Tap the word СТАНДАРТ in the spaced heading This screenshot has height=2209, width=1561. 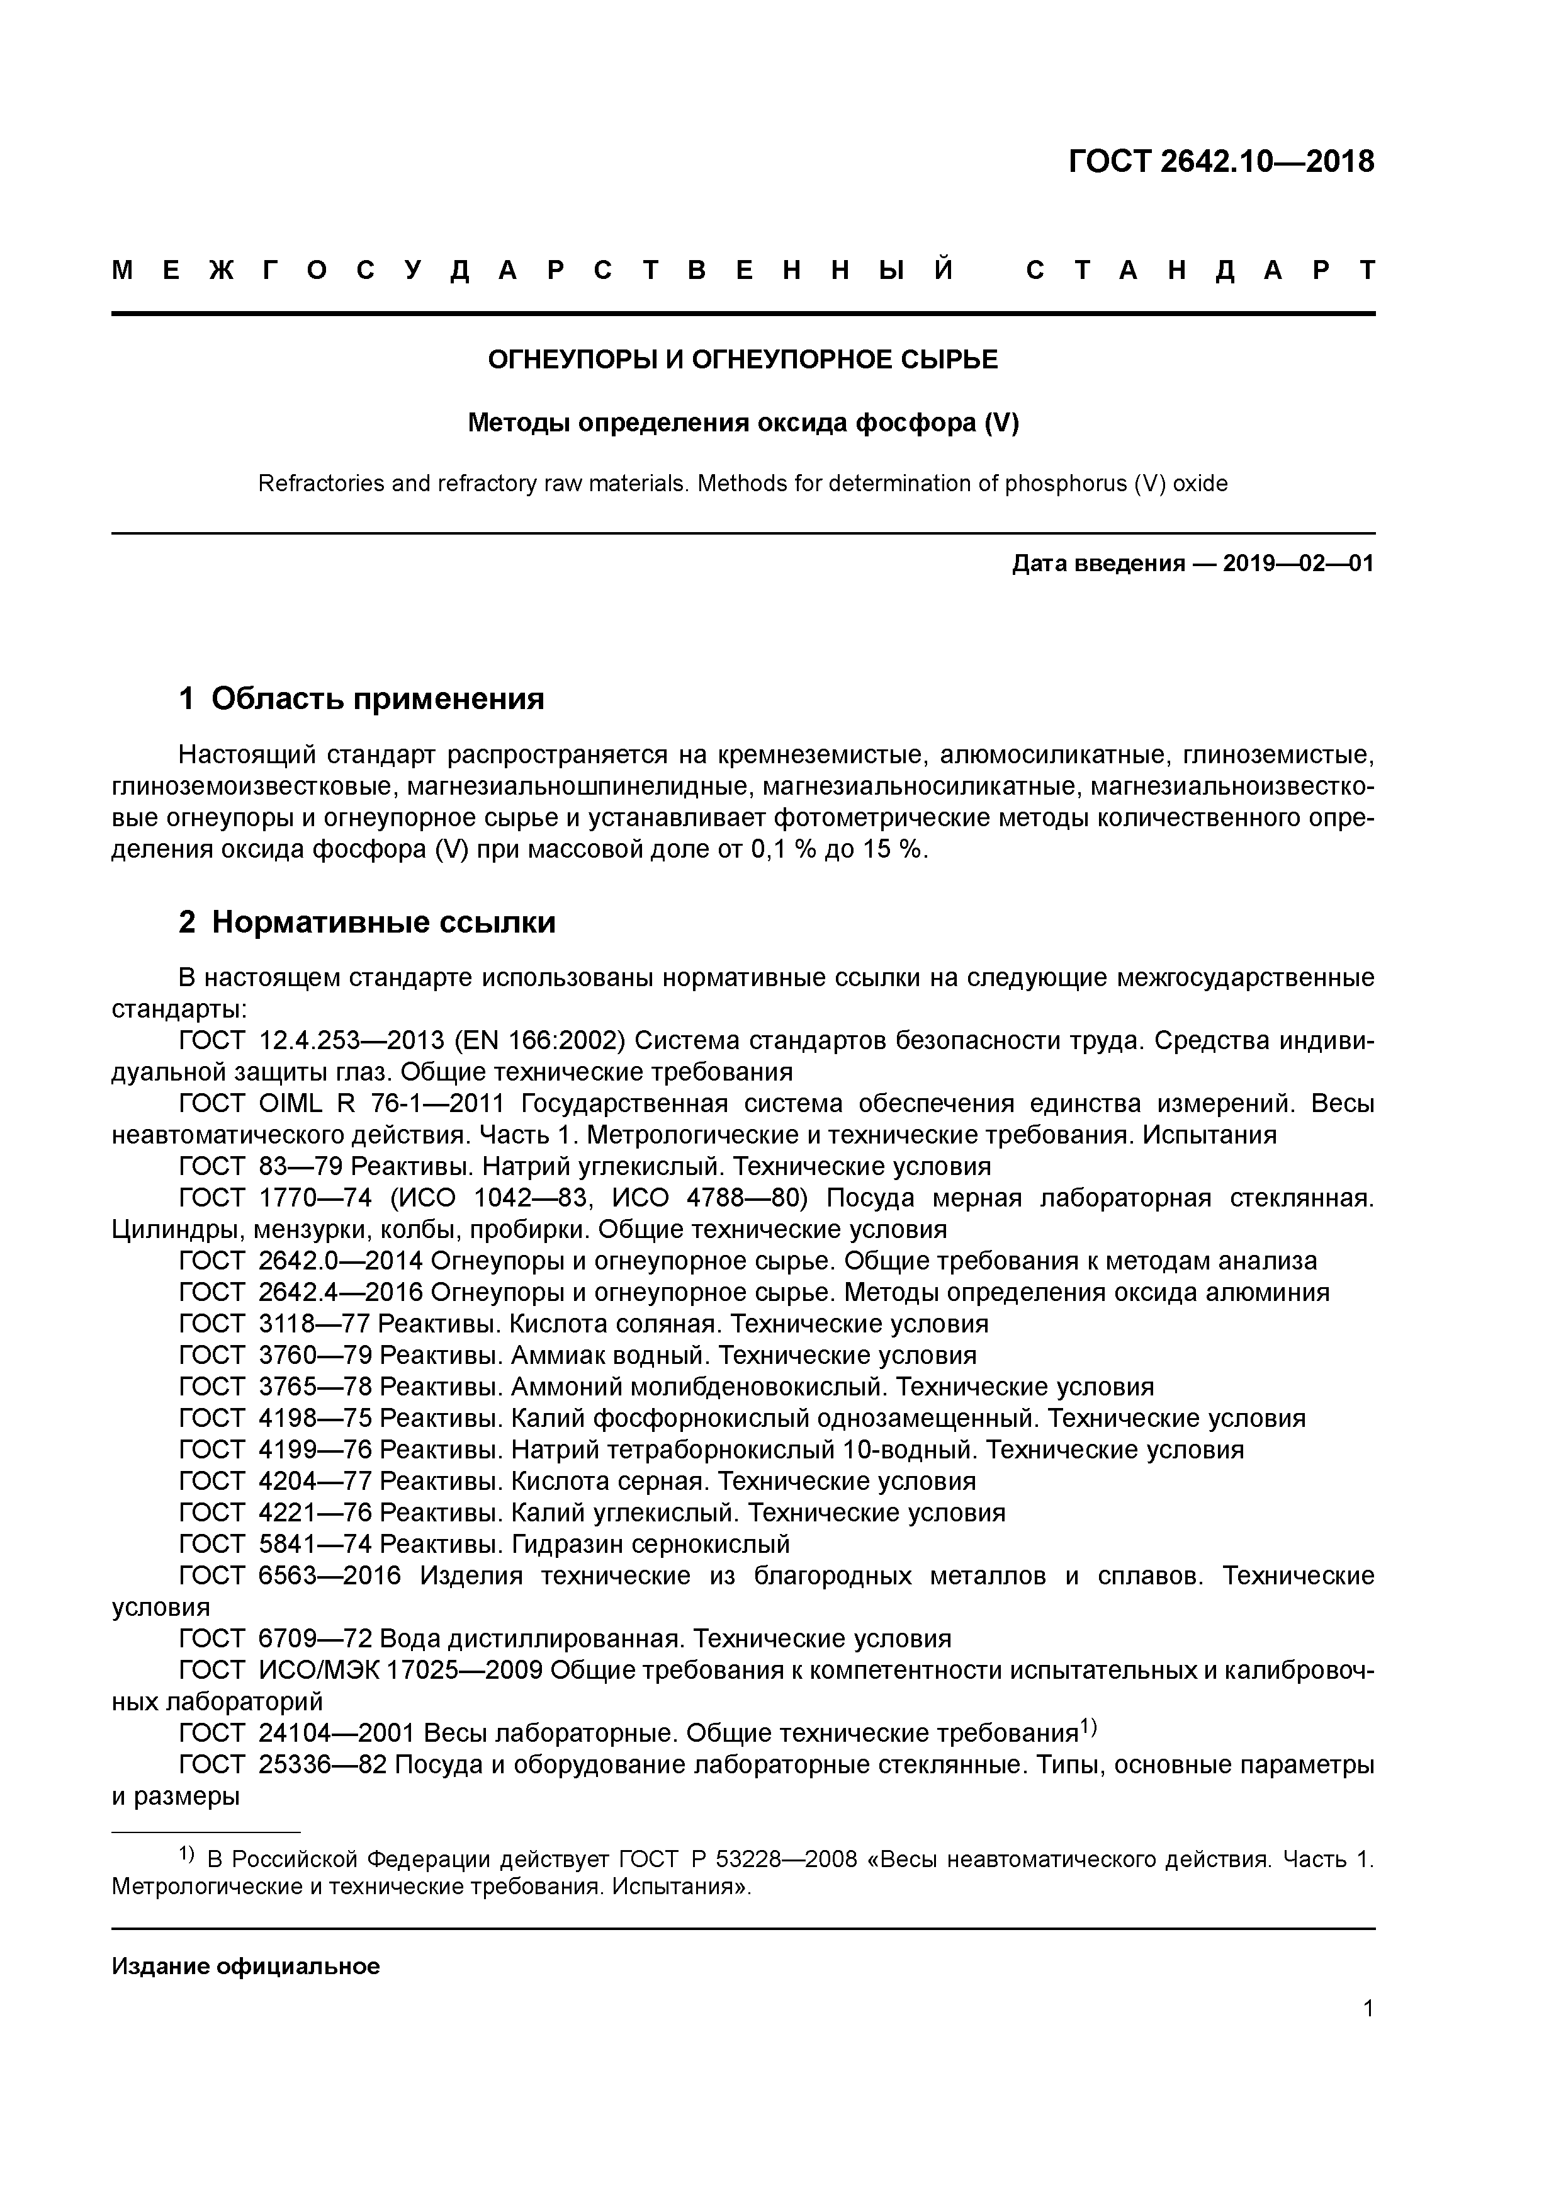[1200, 270]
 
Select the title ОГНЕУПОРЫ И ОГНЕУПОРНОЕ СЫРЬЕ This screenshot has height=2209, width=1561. [743, 360]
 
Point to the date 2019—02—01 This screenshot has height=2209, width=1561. [1299, 564]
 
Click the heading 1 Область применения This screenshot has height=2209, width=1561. [362, 698]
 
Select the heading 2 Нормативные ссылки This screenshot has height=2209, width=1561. [368, 922]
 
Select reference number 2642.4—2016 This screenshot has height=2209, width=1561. [341, 1292]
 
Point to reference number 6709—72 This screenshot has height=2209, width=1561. [315, 1638]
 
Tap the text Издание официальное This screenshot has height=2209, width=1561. [245, 1965]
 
